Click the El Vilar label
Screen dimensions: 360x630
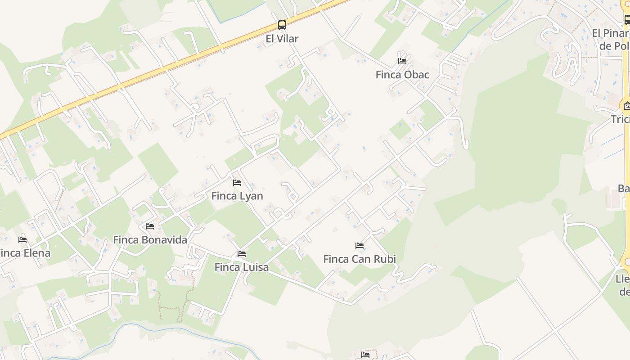coord(282,39)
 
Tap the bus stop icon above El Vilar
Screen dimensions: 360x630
coord(282,25)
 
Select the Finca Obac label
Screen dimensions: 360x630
coord(402,75)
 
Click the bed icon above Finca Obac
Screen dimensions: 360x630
coord(402,61)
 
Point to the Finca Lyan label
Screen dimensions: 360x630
coord(237,196)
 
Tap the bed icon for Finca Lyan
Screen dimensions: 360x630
coord(237,182)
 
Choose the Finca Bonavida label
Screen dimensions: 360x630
coord(150,240)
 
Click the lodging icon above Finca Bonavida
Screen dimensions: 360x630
coord(150,226)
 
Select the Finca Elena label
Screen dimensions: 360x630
coord(24,253)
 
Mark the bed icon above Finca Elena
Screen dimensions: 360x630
coord(22,239)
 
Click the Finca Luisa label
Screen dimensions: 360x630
coord(242,267)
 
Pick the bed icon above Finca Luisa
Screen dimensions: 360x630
coord(242,254)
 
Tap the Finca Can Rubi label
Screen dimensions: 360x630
coord(360,259)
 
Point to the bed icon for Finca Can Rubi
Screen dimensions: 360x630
coord(360,246)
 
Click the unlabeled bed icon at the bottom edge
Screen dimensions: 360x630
coord(365,355)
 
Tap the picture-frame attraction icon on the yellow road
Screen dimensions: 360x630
coord(627,106)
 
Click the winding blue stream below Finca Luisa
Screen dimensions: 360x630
coord(135,326)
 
